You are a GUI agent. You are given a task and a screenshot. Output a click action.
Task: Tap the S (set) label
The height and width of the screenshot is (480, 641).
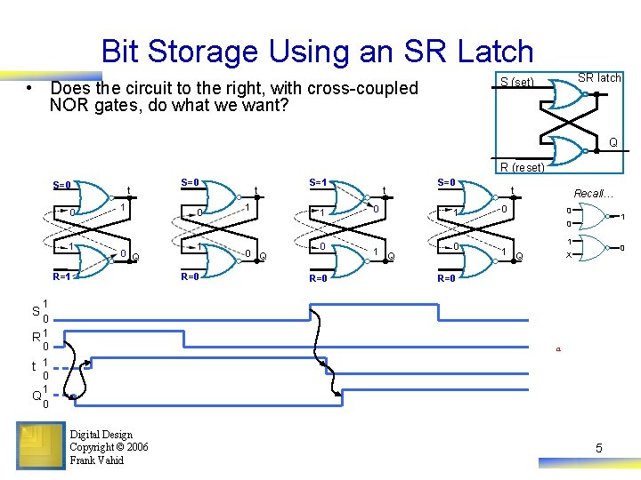pos(516,83)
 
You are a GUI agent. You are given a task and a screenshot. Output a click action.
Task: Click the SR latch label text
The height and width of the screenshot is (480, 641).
pos(599,78)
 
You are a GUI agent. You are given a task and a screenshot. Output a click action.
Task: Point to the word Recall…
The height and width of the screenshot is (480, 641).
pos(591,193)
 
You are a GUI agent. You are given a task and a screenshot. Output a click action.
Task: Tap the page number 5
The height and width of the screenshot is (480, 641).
pos(598,448)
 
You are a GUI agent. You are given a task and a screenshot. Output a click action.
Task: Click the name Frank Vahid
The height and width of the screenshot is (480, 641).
pos(96,460)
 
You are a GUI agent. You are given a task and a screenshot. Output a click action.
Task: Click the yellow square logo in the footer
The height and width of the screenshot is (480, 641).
pos(39,445)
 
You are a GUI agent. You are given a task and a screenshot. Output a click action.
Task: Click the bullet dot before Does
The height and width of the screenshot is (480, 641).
pos(30,88)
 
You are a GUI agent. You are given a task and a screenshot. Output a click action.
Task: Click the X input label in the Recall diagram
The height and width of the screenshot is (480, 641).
pos(571,255)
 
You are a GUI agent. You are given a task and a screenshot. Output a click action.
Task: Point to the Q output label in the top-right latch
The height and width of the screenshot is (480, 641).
pos(613,142)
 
